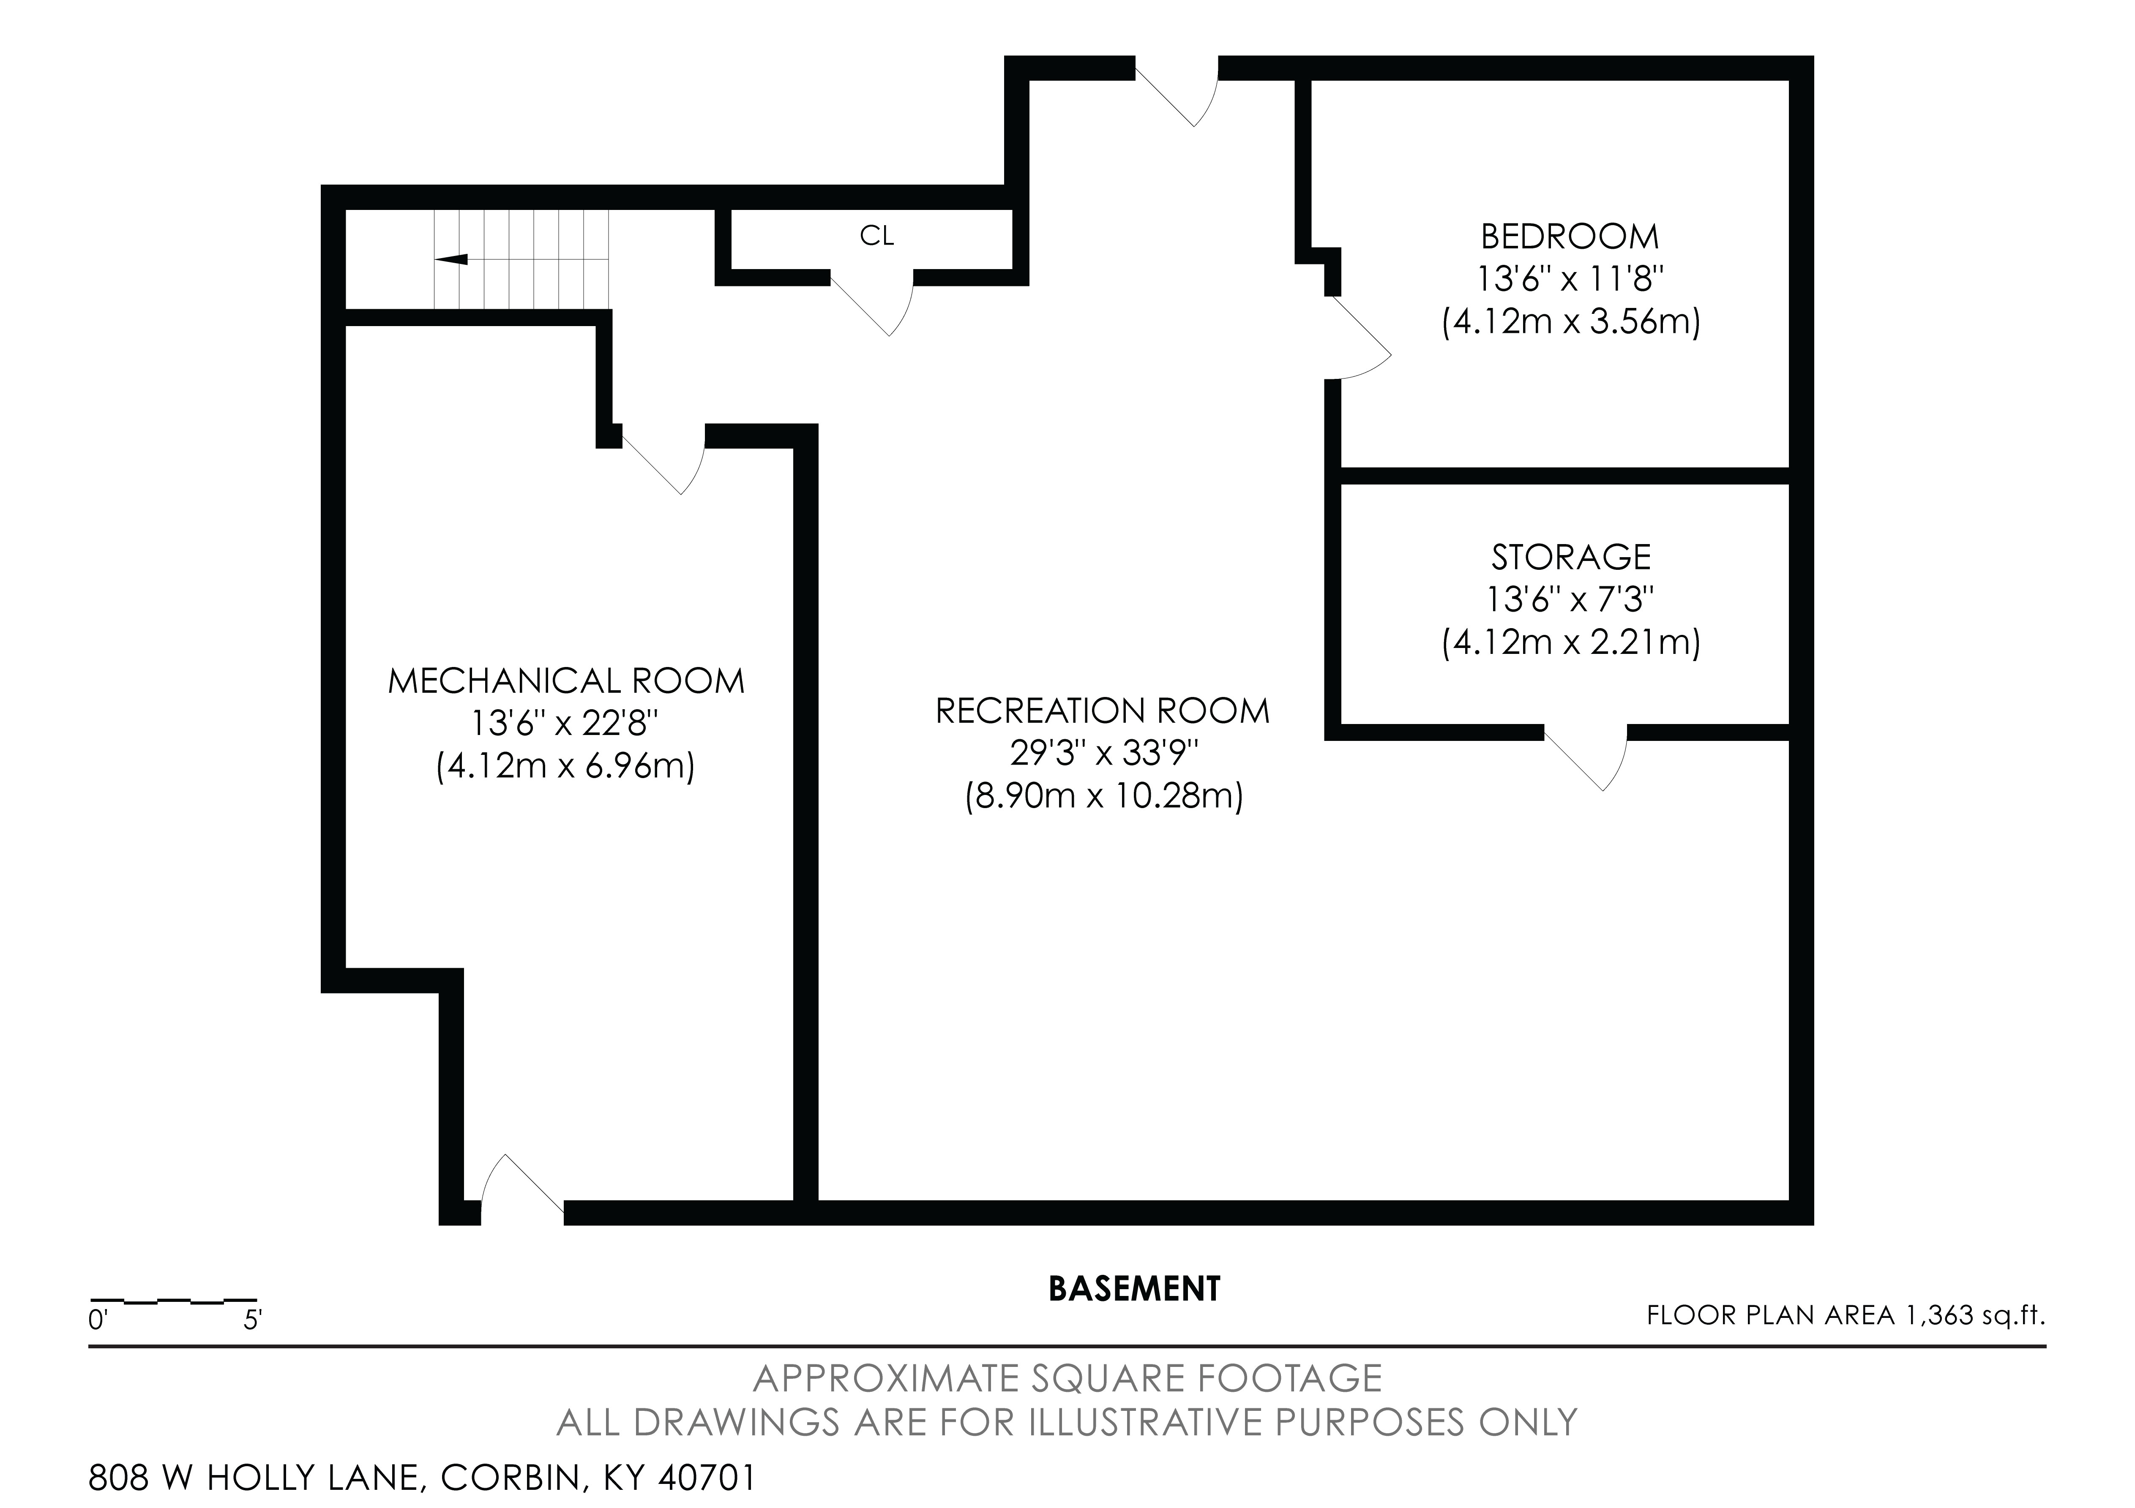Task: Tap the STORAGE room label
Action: click(1570, 557)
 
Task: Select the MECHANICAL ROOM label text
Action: click(565, 681)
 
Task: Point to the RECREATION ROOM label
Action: click(1102, 711)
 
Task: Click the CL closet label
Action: click(876, 237)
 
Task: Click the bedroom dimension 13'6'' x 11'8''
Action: click(1570, 280)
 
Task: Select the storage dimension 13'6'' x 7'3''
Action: click(1570, 600)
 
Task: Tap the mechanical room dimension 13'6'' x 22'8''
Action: click(565, 724)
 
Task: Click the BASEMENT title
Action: click(1133, 1289)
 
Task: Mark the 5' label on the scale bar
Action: click(252, 1320)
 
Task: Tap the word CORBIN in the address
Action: click(510, 1477)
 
